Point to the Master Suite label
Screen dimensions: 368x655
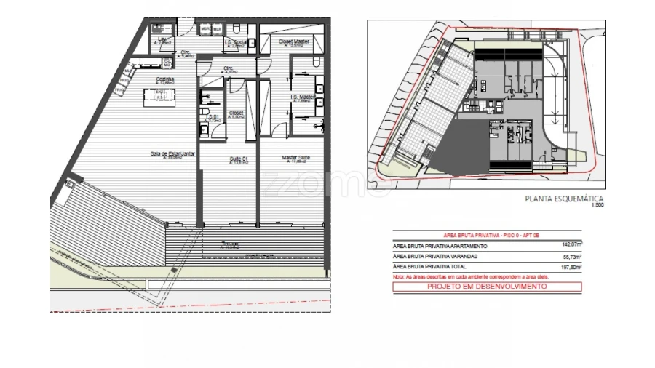click(x=296, y=156)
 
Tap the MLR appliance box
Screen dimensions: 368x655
click(x=217, y=29)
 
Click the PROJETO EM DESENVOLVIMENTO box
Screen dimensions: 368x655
click(x=487, y=287)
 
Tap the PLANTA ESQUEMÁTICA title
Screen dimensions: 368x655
click(x=564, y=198)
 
